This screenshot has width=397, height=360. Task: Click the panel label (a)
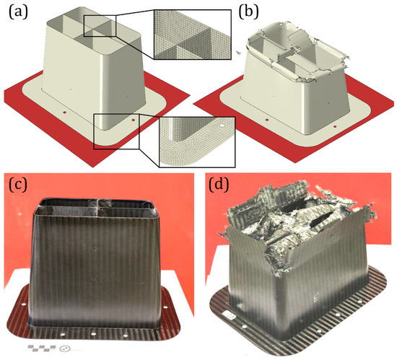18,13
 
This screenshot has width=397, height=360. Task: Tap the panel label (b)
248,13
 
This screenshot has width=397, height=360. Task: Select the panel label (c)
18,185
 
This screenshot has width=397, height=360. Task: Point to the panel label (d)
219,185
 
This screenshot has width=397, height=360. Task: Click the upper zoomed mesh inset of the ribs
193,35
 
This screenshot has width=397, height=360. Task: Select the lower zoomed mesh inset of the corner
197,142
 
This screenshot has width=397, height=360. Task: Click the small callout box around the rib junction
100,26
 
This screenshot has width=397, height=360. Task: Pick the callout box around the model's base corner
116,131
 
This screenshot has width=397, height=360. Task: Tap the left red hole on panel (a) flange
64,112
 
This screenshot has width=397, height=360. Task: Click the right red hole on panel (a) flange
134,120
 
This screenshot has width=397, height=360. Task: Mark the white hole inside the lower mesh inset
222,126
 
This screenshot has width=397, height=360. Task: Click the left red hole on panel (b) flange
266,120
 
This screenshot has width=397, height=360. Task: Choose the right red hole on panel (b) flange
335,126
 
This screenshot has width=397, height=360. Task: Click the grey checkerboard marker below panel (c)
42,348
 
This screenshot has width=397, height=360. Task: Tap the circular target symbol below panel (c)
65,349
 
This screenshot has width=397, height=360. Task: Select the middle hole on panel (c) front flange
93,335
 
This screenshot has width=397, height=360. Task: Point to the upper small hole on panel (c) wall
94,248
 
